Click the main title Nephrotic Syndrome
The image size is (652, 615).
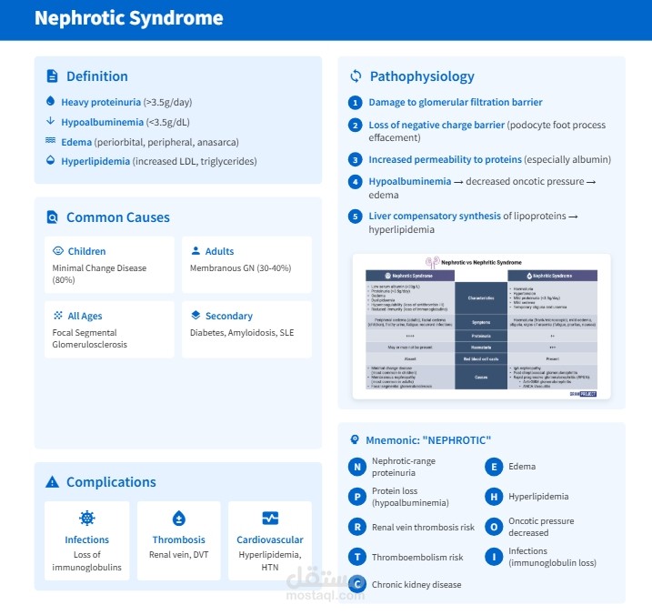click(x=128, y=18)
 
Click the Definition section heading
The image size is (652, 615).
click(x=97, y=76)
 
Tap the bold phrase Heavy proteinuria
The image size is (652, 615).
click(x=101, y=102)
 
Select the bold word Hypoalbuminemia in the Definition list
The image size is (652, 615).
click(x=103, y=122)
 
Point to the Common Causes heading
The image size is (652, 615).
click(x=117, y=217)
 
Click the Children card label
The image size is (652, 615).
click(x=86, y=251)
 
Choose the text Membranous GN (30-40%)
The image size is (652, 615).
click(x=240, y=268)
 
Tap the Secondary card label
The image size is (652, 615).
click(x=228, y=316)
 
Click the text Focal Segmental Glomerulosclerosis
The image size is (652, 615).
click(x=90, y=338)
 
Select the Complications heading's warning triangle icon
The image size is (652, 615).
click(x=52, y=482)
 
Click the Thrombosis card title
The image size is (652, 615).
click(x=178, y=539)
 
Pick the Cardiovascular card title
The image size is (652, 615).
click(x=270, y=539)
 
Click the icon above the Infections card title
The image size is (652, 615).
click(x=87, y=519)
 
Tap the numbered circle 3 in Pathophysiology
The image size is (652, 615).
click(x=356, y=160)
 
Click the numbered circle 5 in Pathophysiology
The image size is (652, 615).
click(x=356, y=217)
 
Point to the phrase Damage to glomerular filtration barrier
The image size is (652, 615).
click(x=456, y=103)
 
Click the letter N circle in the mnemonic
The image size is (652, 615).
click(x=357, y=467)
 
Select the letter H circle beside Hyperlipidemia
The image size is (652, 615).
click(x=494, y=497)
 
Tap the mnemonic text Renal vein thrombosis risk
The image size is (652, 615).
click(x=423, y=527)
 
